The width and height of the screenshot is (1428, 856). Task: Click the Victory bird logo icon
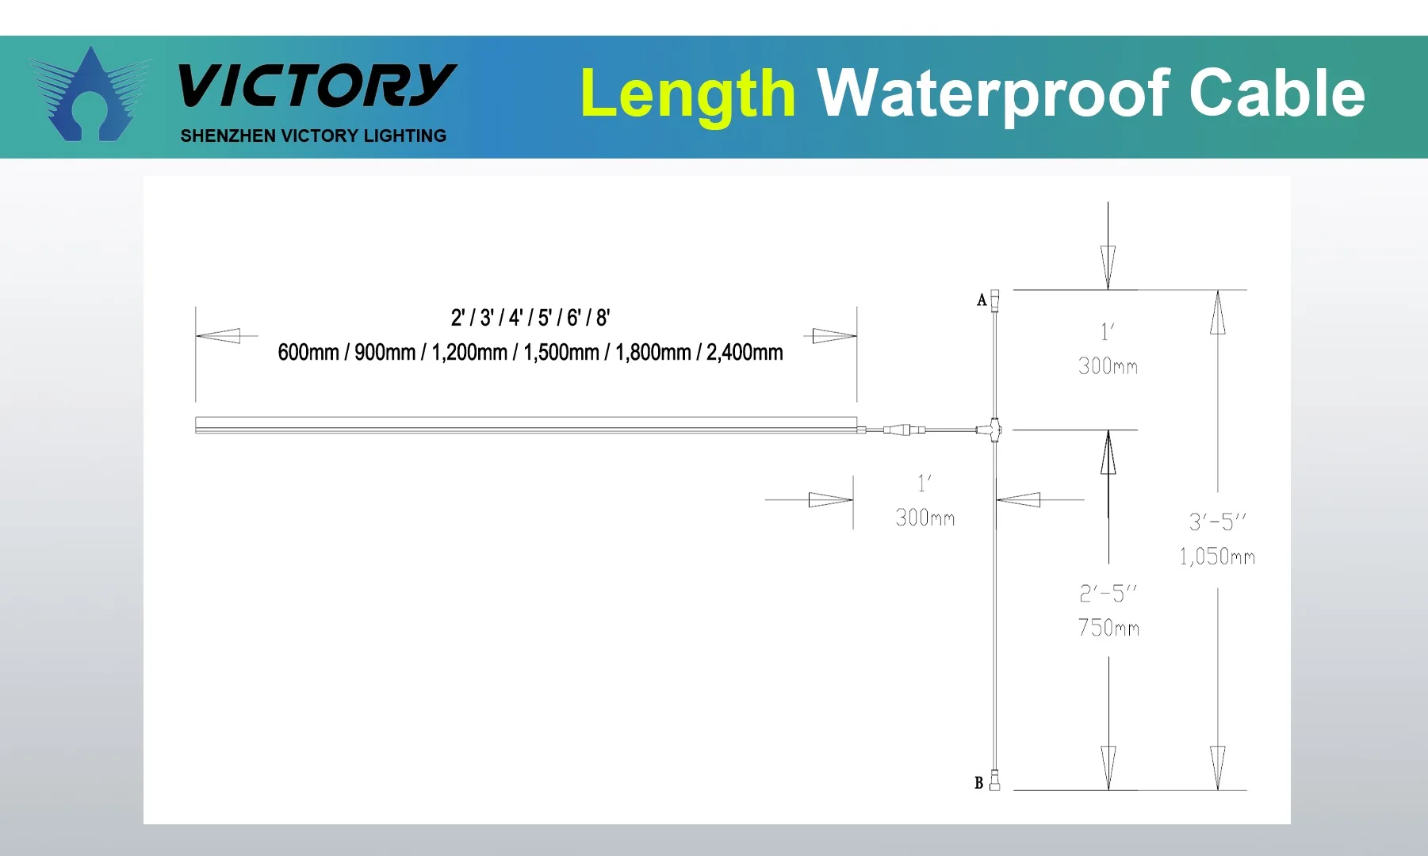coord(90,95)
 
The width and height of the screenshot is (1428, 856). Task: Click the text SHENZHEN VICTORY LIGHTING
coord(313,136)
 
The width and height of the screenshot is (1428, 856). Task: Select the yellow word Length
coord(687,94)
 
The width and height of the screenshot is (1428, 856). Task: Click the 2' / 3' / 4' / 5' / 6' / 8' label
coord(530,318)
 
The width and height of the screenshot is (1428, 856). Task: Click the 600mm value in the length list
coord(308,353)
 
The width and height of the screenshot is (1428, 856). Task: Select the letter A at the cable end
coord(982,300)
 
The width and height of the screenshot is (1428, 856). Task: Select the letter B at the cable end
coord(979,783)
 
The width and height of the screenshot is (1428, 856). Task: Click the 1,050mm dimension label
coord(1216,556)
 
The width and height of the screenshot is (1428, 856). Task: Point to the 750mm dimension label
coord(1108,628)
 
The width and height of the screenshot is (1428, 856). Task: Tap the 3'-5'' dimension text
coord(1217,522)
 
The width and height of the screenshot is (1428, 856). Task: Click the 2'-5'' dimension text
coord(1108,593)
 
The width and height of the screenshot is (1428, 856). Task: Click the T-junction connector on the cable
coord(993,430)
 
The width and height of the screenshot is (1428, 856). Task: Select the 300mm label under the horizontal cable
coord(925,518)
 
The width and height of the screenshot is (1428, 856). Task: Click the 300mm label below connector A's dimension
coord(1108,366)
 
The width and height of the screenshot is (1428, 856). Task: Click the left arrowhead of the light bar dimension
coord(218,336)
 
